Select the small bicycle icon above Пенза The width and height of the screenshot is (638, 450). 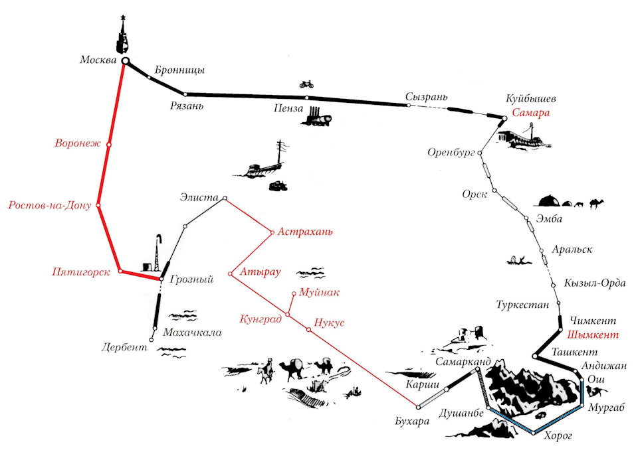click(x=306, y=84)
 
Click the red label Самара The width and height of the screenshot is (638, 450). click(x=530, y=113)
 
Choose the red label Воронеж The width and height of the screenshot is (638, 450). click(x=78, y=143)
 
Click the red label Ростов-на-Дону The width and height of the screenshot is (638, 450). click(x=50, y=205)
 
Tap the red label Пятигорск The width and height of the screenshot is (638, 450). click(x=80, y=272)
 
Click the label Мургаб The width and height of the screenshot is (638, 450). click(x=607, y=408)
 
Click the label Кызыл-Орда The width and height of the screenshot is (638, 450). click(x=595, y=283)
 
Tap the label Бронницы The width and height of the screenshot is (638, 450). click(x=179, y=70)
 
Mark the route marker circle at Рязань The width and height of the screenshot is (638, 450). click(x=185, y=94)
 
